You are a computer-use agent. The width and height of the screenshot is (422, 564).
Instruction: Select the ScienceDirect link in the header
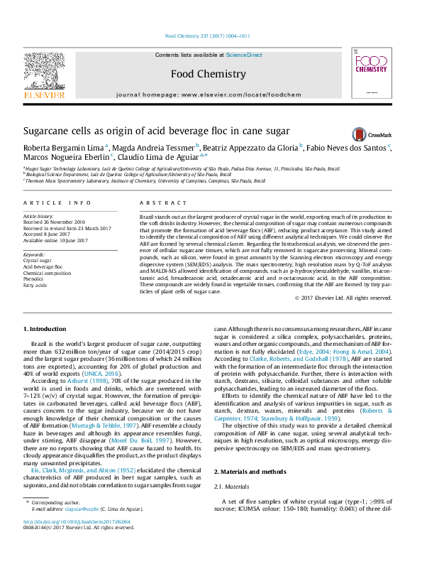pos(244,55)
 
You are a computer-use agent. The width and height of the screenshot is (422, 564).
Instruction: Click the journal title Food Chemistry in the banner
pos(199,73)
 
